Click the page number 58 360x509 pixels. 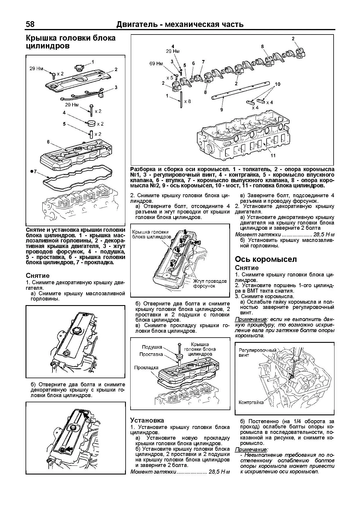[30, 24]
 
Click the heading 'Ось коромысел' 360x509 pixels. [266, 259]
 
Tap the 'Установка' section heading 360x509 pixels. [147, 420]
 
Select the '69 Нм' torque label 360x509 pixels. [156, 64]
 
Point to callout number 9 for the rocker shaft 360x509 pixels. [221, 110]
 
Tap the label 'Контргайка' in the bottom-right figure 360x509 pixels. [251, 402]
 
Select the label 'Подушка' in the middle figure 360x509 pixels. [152, 347]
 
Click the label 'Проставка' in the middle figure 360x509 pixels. [151, 354]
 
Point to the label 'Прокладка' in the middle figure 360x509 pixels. [146, 367]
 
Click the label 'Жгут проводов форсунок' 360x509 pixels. [210, 283]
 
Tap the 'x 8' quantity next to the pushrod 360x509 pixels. [188, 101]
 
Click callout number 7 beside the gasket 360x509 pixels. [35, 171]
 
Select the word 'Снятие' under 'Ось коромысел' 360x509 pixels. [247, 268]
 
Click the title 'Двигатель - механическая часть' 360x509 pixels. [180, 24]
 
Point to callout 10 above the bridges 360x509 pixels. [278, 84]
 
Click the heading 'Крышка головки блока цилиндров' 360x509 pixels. [70, 42]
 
